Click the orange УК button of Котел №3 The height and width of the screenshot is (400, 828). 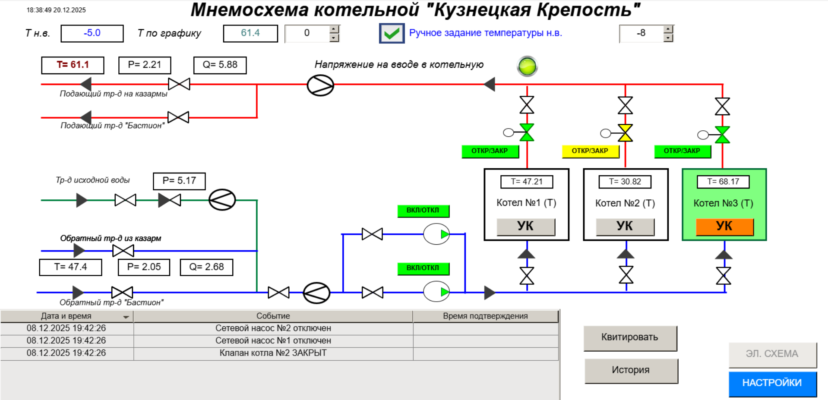(724, 227)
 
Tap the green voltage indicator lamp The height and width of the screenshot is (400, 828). (527, 66)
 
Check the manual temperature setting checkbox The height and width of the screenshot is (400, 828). (392, 33)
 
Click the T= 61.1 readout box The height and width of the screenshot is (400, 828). (73, 65)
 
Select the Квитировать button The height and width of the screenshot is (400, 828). (630, 338)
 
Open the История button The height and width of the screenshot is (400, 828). (631, 371)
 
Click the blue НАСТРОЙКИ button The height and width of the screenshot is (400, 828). (772, 383)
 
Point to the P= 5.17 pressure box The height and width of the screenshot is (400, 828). (179, 181)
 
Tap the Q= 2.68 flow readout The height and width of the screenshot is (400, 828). (206, 267)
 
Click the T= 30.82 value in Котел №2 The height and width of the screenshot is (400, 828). (625, 182)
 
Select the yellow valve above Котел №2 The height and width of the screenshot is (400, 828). (625, 133)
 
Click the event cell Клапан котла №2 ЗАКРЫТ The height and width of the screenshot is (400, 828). (273, 353)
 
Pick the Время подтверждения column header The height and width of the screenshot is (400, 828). (485, 316)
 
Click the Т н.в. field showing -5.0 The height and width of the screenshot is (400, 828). (92, 33)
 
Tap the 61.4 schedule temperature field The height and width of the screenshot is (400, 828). (250, 33)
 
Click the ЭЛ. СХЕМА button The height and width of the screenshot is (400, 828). (772, 354)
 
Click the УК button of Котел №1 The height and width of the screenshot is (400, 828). (525, 227)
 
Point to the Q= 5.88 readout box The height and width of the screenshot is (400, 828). (220, 65)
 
